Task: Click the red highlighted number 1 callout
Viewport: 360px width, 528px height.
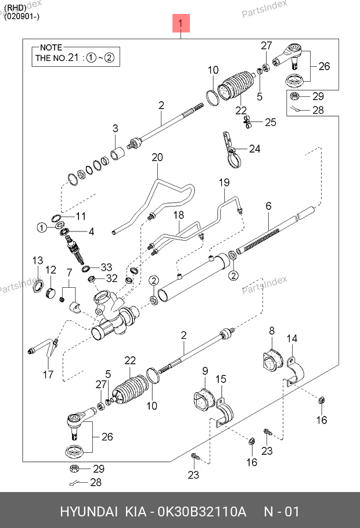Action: pyautogui.click(x=181, y=23)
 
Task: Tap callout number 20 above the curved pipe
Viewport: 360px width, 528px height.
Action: pyautogui.click(x=157, y=157)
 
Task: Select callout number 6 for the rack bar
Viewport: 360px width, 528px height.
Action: pyautogui.click(x=269, y=206)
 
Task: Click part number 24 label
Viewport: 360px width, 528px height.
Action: pyautogui.click(x=255, y=149)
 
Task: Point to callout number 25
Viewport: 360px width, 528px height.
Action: pyautogui.click(x=271, y=122)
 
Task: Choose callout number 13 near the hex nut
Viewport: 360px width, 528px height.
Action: pyautogui.click(x=38, y=261)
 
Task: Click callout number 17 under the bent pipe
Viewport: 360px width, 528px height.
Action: pyautogui.click(x=48, y=374)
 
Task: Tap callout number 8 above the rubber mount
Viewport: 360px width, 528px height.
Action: pyautogui.click(x=272, y=331)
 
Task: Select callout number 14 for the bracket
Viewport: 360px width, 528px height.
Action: pyautogui.click(x=292, y=338)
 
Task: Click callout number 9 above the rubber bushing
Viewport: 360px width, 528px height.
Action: pyautogui.click(x=206, y=371)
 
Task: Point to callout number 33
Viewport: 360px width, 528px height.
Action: pyautogui.click(x=106, y=267)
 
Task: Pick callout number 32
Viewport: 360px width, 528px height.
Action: pyautogui.click(x=112, y=278)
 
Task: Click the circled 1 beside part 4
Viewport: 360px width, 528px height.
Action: pyautogui.click(x=42, y=227)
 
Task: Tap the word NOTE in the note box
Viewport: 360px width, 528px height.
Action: pyautogui.click(x=51, y=48)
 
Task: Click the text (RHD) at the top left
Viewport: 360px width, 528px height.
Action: pyautogui.click(x=15, y=8)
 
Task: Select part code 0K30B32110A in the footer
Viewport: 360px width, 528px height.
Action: pyautogui.click(x=202, y=512)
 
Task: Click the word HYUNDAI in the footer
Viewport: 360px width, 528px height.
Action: pyautogui.click(x=89, y=512)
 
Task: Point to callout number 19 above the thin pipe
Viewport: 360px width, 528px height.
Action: pyautogui.click(x=225, y=183)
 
